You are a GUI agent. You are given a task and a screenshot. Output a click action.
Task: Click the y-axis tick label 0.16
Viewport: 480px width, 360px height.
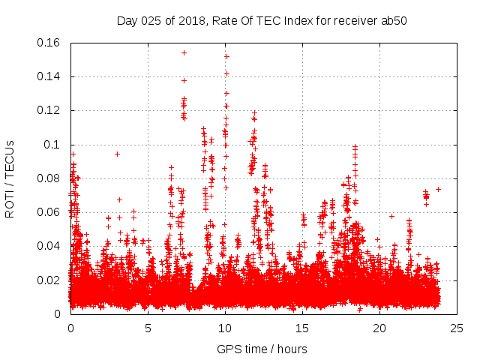click(50, 43)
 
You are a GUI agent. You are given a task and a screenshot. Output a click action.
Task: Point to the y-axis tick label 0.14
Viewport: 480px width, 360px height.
click(50, 76)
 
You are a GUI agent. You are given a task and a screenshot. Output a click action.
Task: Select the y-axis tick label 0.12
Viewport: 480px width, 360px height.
click(50, 110)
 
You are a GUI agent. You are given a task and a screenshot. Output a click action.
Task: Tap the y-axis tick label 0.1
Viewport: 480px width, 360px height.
click(53, 145)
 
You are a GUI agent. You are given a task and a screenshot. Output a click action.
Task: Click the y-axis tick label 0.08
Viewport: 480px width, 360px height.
click(50, 178)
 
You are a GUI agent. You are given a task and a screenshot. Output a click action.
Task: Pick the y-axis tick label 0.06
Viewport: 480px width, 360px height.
click(50, 212)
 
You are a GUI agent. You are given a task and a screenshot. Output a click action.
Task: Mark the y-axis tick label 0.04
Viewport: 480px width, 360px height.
click(50, 246)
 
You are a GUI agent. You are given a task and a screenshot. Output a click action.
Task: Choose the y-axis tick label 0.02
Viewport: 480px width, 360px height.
click(50, 280)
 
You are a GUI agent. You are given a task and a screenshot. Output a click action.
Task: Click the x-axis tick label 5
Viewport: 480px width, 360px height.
click(148, 328)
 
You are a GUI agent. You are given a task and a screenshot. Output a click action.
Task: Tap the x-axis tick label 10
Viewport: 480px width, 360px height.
click(225, 328)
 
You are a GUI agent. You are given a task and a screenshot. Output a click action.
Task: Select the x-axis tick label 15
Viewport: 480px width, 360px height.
click(302, 328)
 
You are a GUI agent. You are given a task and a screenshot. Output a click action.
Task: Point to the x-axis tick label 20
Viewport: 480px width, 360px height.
click(379, 328)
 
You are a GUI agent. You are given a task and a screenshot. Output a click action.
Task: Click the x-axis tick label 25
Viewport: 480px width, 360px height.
click(457, 328)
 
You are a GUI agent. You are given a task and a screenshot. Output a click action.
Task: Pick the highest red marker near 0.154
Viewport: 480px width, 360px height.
click(184, 52)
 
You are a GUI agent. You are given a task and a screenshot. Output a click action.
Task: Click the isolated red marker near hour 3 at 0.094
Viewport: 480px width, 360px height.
click(117, 154)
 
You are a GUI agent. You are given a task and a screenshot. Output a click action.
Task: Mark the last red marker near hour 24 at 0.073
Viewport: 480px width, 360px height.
click(438, 189)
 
